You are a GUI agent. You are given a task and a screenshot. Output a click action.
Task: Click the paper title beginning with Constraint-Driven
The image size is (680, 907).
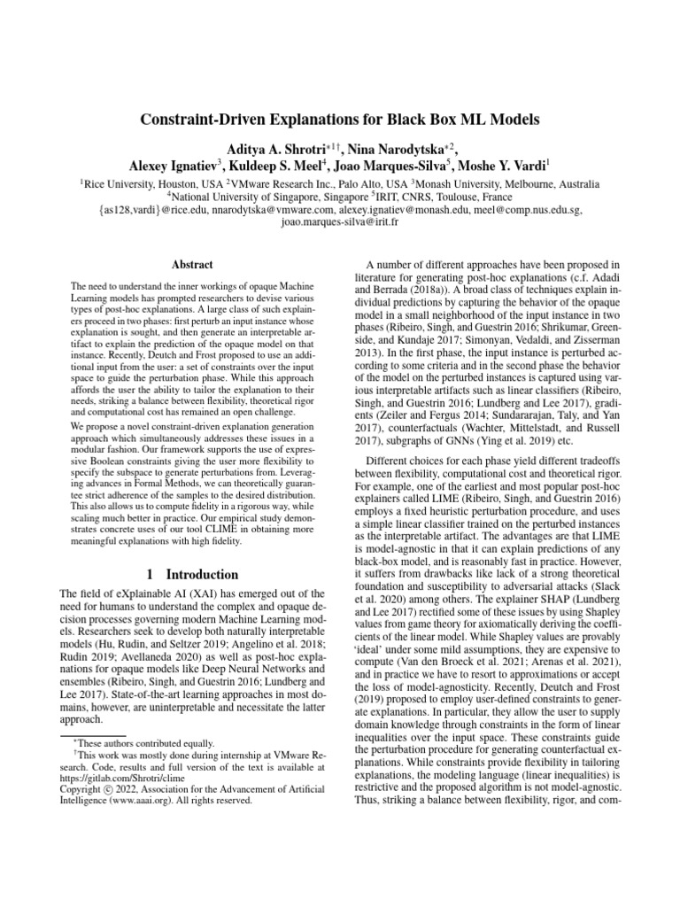click(x=340, y=118)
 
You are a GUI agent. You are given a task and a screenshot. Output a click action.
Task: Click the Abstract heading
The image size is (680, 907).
click(x=193, y=264)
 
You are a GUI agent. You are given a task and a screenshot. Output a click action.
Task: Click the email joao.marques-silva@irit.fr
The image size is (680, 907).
click(x=340, y=224)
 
